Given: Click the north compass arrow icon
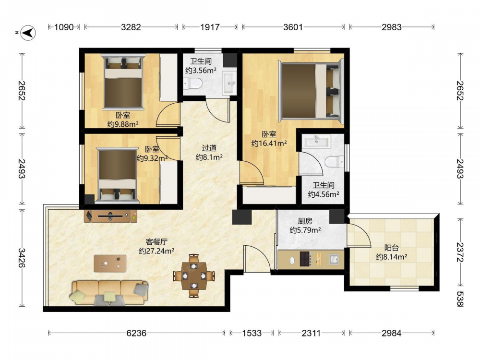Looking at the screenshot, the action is click(28, 32).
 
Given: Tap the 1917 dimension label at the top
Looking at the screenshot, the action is click(210, 27).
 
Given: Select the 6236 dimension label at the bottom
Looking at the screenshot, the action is click(136, 333).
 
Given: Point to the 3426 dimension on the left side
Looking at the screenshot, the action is click(22, 258).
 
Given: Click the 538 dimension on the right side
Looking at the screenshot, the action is click(460, 298).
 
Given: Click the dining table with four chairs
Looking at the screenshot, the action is click(194, 276).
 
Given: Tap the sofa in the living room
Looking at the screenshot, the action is click(109, 293).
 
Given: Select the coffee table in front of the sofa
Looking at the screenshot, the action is click(110, 263).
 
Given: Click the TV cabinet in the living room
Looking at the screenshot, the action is click(110, 216).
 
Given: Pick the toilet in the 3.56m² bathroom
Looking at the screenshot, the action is click(192, 83).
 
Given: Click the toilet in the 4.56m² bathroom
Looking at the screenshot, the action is click(334, 161).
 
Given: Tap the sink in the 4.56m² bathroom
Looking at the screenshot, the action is click(316, 142).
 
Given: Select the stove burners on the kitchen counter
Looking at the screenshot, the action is click(305, 260).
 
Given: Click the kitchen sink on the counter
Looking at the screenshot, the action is click(334, 260).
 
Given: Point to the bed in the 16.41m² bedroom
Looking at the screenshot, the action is click(311, 91).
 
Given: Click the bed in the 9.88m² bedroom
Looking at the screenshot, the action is click(123, 82).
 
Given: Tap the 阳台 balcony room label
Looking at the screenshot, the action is click(391, 248).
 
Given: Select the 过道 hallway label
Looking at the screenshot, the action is click(209, 148).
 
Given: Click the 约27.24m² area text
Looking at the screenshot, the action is click(156, 251).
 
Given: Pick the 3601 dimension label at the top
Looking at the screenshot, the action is click(293, 27).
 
